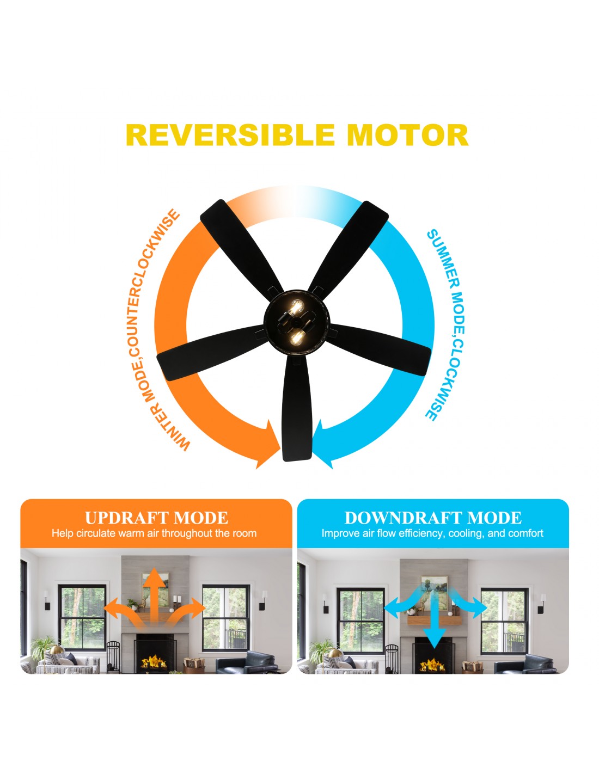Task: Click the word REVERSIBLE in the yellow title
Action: (x=230, y=135)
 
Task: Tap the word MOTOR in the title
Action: (x=408, y=135)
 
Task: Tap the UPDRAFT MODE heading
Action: (x=156, y=518)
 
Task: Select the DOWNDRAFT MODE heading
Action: (x=433, y=518)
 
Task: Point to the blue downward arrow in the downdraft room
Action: (x=433, y=617)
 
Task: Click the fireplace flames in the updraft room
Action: (x=154, y=662)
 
